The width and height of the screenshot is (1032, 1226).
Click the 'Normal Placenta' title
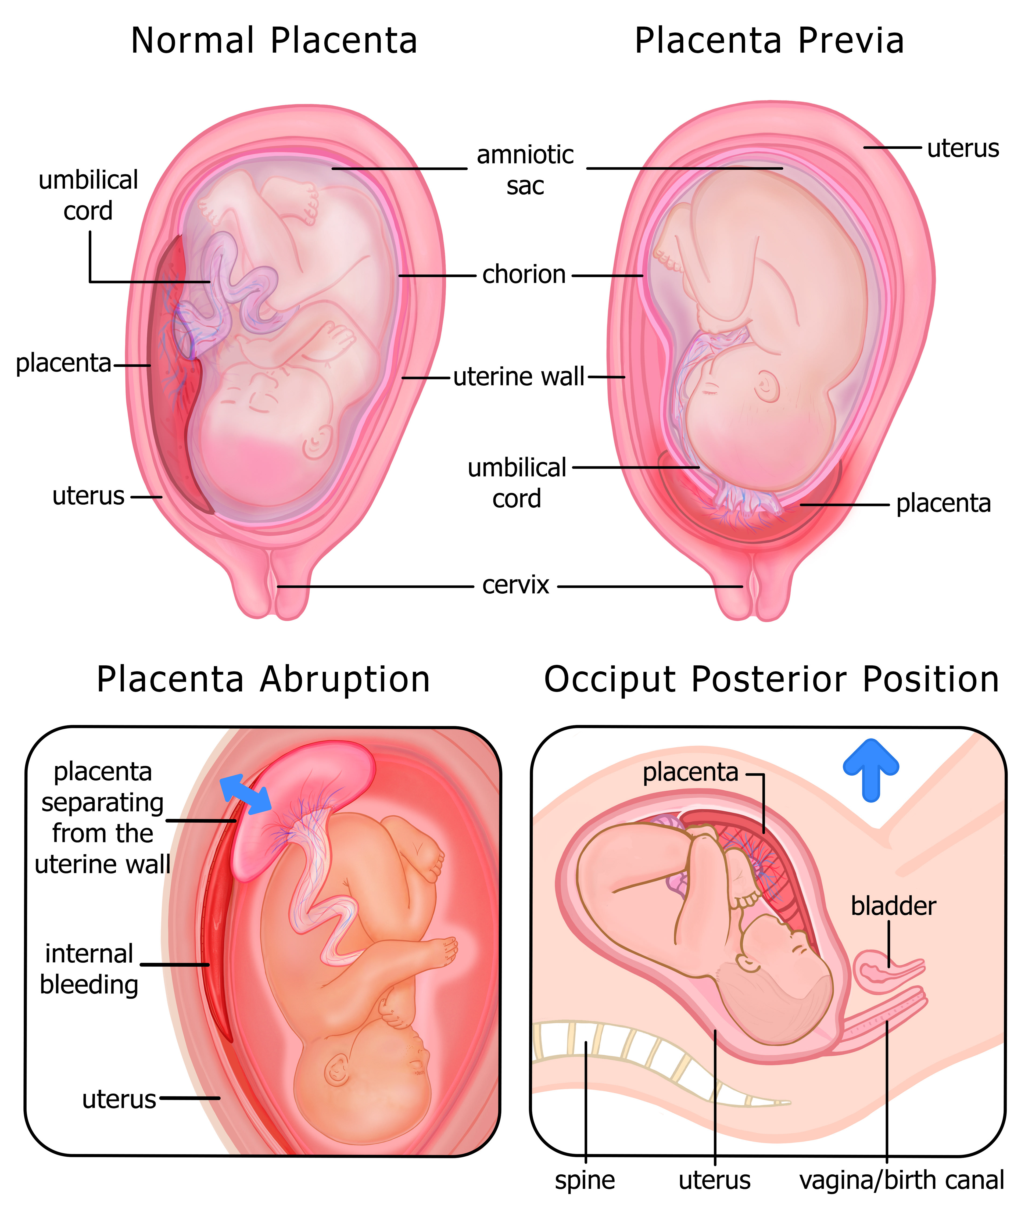[x=274, y=41]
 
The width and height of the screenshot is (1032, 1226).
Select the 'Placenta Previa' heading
[x=769, y=41]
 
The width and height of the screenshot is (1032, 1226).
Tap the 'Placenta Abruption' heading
[x=263, y=680]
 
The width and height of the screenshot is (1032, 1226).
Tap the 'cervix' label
[x=515, y=585]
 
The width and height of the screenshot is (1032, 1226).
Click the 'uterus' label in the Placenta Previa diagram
[x=963, y=149]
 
